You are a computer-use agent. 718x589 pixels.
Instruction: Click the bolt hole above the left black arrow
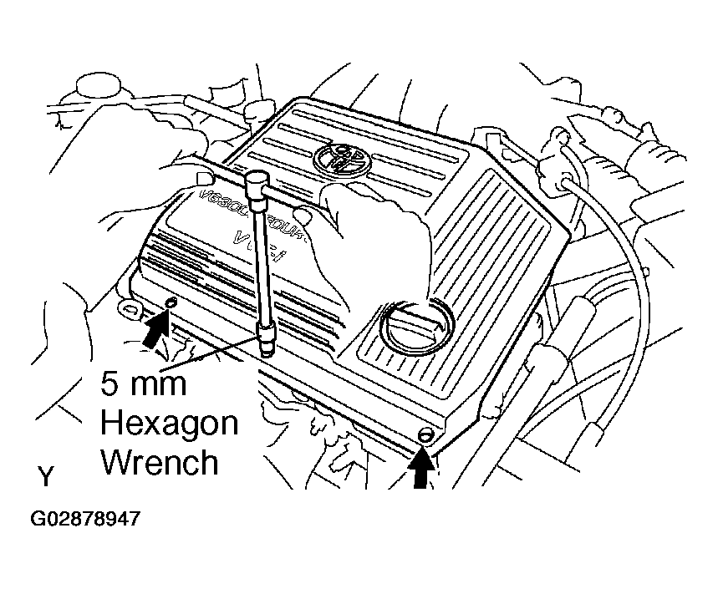[x=171, y=302]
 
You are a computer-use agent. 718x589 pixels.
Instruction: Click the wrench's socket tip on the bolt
[x=267, y=343]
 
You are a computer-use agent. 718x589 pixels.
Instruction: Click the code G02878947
[x=85, y=519]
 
